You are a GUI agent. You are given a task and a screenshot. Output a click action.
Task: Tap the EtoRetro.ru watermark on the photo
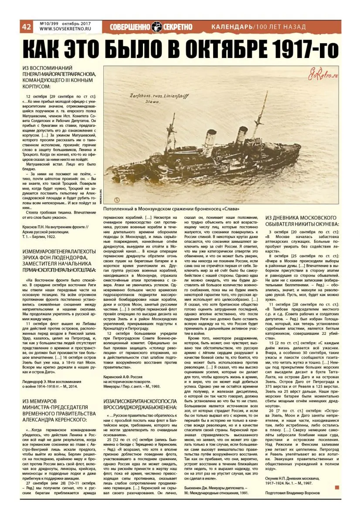point(322,75)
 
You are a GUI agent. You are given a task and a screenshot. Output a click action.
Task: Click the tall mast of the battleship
point(264,113)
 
